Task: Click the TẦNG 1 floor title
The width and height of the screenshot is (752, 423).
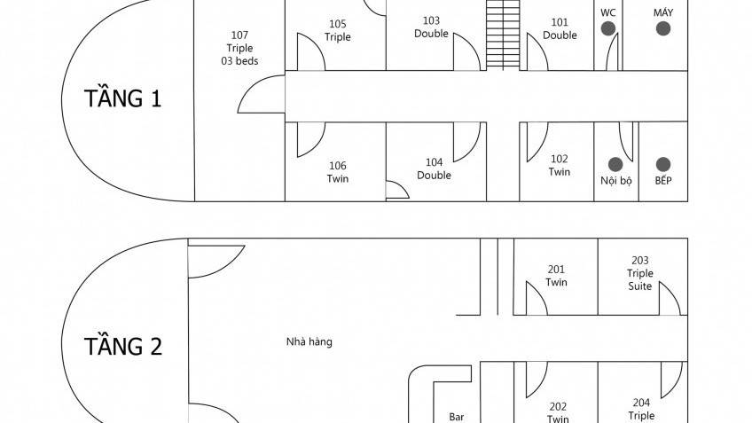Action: (x=123, y=98)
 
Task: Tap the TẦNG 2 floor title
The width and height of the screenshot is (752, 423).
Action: (x=123, y=346)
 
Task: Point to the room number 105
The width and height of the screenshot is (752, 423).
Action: (x=338, y=24)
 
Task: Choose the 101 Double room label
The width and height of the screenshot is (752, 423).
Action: (x=560, y=28)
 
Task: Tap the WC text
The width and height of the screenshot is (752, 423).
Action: (x=607, y=12)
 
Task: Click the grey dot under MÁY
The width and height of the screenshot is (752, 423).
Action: (x=662, y=29)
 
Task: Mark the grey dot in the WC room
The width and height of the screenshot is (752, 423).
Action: (x=608, y=29)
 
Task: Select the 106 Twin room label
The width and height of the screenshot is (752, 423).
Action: (x=338, y=172)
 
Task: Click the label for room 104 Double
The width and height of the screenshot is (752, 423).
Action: (x=434, y=168)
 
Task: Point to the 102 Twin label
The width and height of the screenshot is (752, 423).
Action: (x=560, y=165)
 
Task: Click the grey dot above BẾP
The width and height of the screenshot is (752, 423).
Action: (x=662, y=164)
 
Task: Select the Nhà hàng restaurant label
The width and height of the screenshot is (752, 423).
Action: (x=309, y=341)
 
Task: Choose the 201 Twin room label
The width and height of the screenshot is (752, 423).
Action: (x=557, y=276)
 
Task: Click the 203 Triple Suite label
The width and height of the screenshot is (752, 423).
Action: (x=640, y=273)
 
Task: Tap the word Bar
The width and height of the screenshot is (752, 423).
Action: (x=458, y=416)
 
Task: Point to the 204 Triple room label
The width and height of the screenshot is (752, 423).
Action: (x=641, y=409)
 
